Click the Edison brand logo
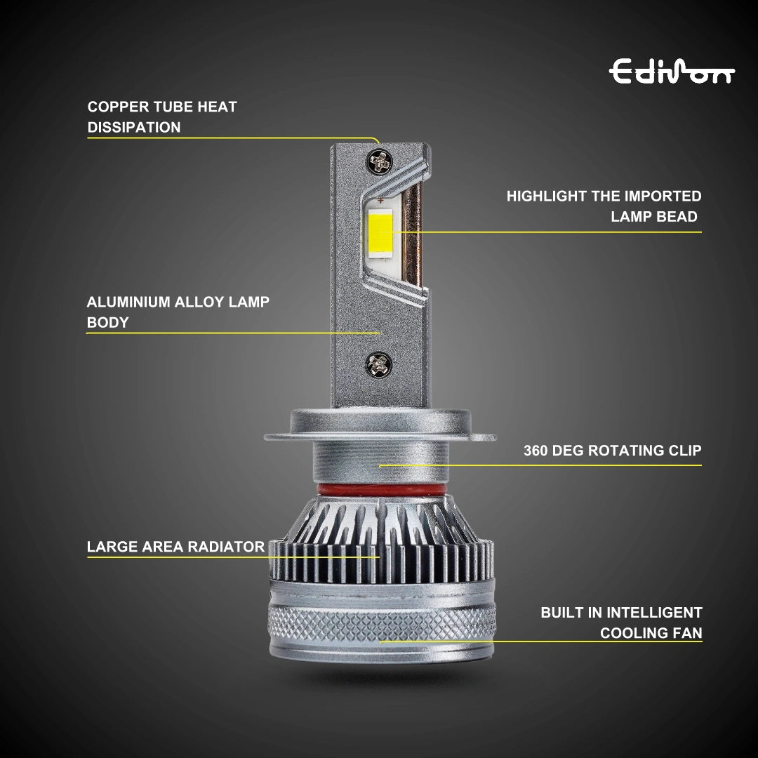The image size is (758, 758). click(x=672, y=72)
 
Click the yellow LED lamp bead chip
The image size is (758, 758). click(x=379, y=231)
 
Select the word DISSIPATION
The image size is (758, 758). click(x=134, y=128)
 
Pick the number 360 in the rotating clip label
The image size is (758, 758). click(x=536, y=451)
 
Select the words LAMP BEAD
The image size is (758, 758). click(x=654, y=217)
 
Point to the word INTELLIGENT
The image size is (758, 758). click(x=655, y=613)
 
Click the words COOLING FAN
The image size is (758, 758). click(x=651, y=633)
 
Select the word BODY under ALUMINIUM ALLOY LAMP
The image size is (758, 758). click(x=107, y=323)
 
